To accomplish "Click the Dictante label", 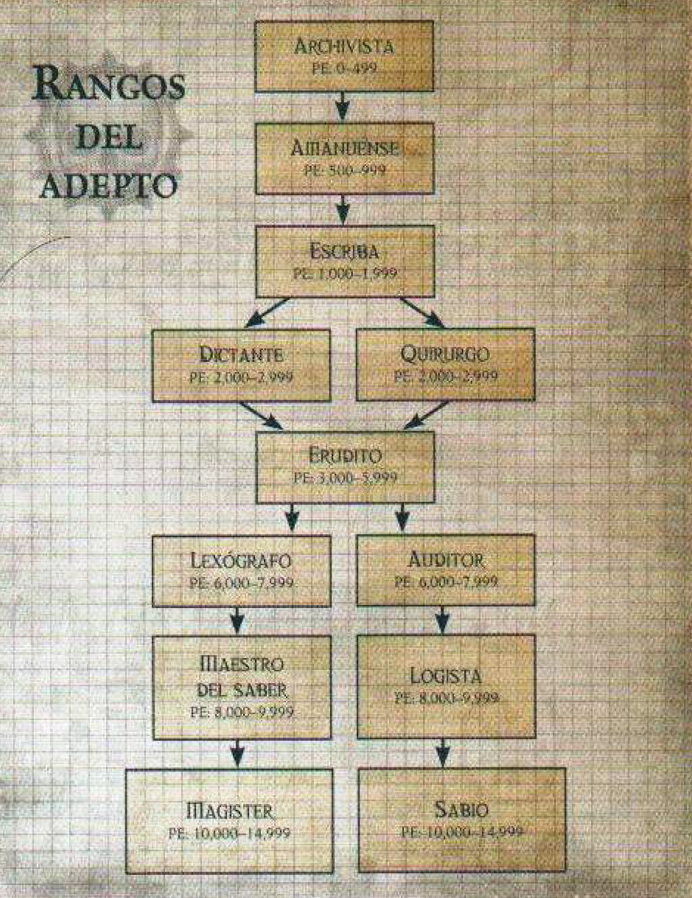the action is (x=241, y=355).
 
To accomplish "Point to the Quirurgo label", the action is (x=445, y=354).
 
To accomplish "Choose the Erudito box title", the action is (x=345, y=456).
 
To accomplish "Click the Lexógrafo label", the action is (x=241, y=560).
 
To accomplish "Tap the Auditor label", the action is (x=446, y=559).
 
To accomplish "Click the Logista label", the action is (x=446, y=676).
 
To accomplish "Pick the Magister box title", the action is (x=230, y=811).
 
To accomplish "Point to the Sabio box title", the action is (x=461, y=810).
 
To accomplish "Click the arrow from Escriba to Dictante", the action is (x=267, y=313).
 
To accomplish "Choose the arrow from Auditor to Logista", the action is (x=442, y=620).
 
